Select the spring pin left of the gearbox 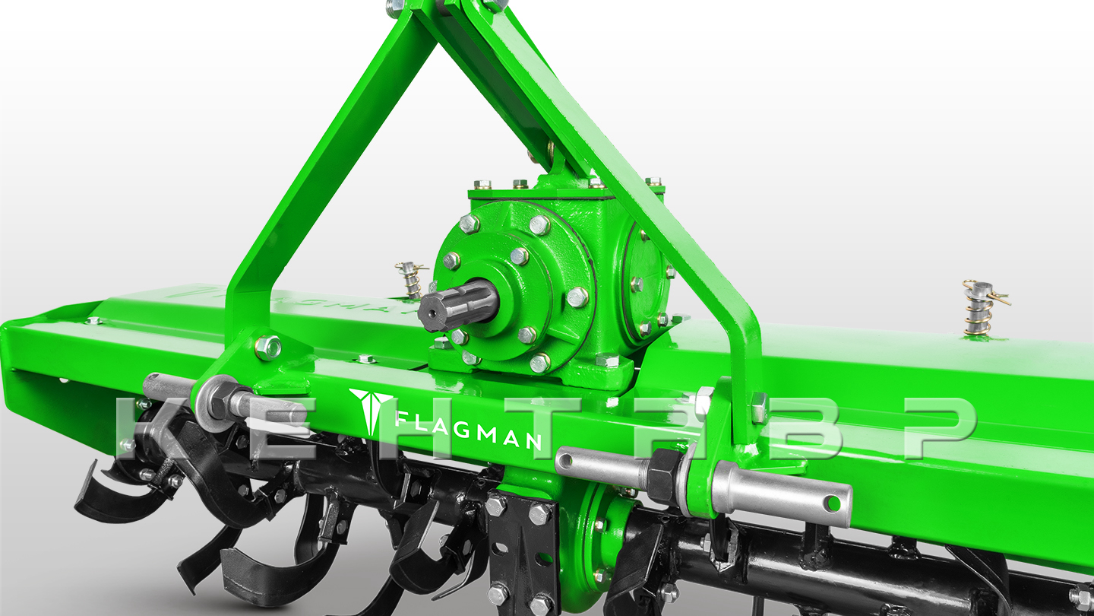click(411, 278)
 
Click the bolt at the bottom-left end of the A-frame click(267, 347)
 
